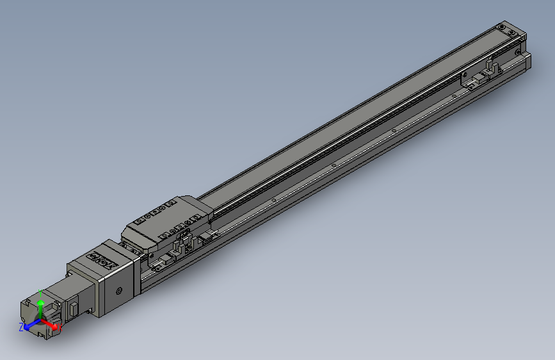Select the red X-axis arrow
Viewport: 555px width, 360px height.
[x=51, y=324]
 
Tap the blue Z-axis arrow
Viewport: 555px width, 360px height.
[x=29, y=325]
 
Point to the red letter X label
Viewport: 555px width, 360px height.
[x=59, y=328]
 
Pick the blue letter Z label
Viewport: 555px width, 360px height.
[x=20, y=327]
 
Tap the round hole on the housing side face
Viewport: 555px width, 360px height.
[x=118, y=291]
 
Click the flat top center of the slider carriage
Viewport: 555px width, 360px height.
[x=166, y=218]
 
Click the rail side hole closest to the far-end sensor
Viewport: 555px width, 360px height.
[x=454, y=96]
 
